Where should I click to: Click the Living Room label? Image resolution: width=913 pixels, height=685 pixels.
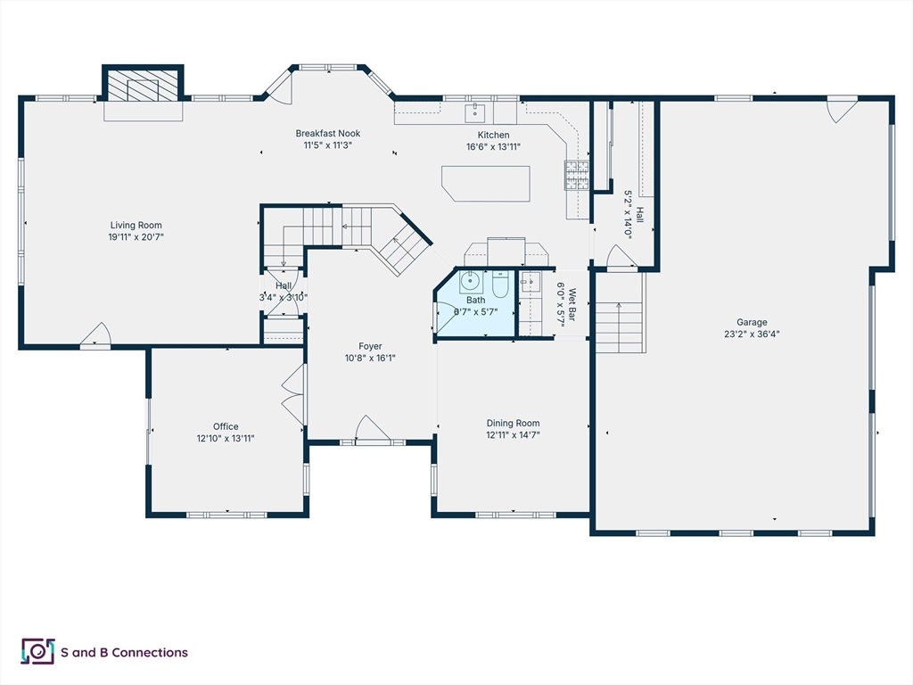tap(136, 225)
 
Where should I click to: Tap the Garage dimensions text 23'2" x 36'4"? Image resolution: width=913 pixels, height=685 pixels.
tap(752, 334)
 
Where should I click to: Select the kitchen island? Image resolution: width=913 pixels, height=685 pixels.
tap(486, 184)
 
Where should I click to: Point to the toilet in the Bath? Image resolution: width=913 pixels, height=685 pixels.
tap(501, 284)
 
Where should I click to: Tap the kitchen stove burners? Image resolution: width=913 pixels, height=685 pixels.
tap(577, 176)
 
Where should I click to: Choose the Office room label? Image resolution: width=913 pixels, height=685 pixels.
tap(226, 426)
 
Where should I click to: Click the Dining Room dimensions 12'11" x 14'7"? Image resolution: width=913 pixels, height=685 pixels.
tap(513, 434)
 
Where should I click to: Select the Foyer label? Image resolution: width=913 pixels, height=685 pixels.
tap(370, 346)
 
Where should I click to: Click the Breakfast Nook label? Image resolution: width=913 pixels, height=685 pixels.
tap(328, 134)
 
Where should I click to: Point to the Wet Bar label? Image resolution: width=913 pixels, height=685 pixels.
tap(572, 304)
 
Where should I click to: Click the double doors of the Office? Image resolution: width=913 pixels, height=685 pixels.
tap(293, 394)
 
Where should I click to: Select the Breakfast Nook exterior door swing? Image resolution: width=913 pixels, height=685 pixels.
tap(279, 87)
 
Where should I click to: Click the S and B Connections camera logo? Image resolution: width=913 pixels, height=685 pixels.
tap(37, 651)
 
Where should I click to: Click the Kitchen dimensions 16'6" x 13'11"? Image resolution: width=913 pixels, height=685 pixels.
tap(493, 147)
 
